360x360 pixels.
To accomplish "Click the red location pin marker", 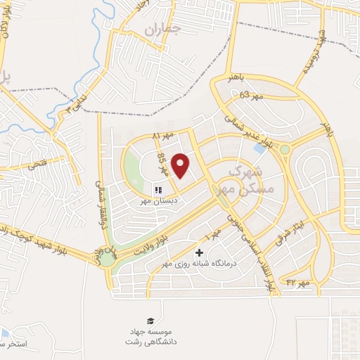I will pyautogui.click(x=181, y=165).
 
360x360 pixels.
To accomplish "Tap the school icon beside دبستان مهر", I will pyautogui.click(x=157, y=189).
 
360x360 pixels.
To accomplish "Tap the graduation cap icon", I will pyautogui.click(x=149, y=320).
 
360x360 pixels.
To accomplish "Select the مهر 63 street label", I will pyautogui.click(x=250, y=95).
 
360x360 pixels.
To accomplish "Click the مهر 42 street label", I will pyautogui.click(x=299, y=283).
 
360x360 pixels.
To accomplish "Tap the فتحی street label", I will pyautogui.click(x=36, y=166).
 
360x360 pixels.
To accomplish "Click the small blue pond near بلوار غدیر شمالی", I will pyautogui.click(x=260, y=149).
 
